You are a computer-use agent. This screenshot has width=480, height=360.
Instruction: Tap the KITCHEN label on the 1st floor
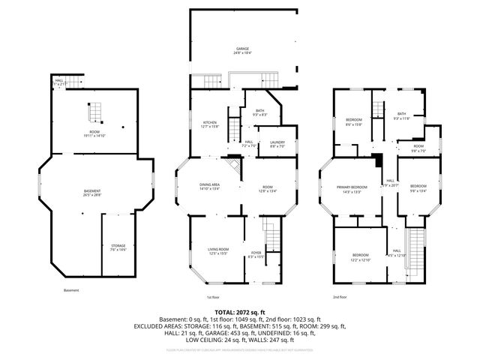pos(209,122)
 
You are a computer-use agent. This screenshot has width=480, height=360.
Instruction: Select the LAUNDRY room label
pos(266,142)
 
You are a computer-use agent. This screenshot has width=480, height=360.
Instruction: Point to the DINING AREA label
pos(209,185)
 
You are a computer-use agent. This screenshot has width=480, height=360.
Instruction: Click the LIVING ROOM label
pos(218,249)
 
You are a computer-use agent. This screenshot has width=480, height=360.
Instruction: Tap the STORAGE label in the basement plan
pos(118,246)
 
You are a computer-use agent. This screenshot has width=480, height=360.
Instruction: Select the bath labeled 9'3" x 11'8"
pos(401,114)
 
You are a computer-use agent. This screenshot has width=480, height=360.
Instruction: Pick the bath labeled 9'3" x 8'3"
pos(259,111)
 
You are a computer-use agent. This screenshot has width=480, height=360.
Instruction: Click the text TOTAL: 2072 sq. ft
pos(239,311)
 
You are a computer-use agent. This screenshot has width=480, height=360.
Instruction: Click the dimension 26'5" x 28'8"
pos(92,195)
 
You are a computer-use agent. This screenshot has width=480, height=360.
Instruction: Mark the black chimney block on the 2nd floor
pos(378,160)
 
